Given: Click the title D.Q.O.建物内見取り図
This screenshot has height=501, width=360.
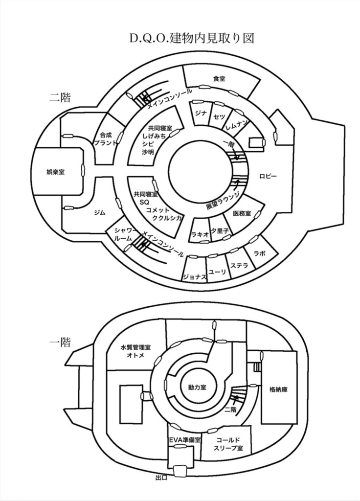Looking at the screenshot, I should point(192,39).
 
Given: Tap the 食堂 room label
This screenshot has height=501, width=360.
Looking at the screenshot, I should point(219,79).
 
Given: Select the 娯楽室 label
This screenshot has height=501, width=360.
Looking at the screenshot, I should point(55,172).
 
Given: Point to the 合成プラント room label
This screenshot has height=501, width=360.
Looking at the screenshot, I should point(106,139).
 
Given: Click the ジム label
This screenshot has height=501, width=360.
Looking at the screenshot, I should point(100,213).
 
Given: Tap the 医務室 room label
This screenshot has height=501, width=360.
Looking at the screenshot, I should point(242,213).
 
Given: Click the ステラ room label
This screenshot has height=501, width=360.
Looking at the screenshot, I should point(240,266).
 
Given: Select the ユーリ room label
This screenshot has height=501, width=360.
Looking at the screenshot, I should point(217,272).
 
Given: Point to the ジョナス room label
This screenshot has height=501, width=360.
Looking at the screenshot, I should point(194,277).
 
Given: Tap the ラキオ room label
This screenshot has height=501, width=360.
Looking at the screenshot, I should point(200,234).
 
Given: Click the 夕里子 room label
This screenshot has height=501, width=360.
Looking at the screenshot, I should point(219,230).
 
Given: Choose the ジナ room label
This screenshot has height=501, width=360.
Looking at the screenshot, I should point(200,113).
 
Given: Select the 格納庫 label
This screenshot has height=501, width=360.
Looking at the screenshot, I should point(278,390).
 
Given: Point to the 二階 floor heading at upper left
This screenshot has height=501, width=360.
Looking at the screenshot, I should point(60,97).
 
